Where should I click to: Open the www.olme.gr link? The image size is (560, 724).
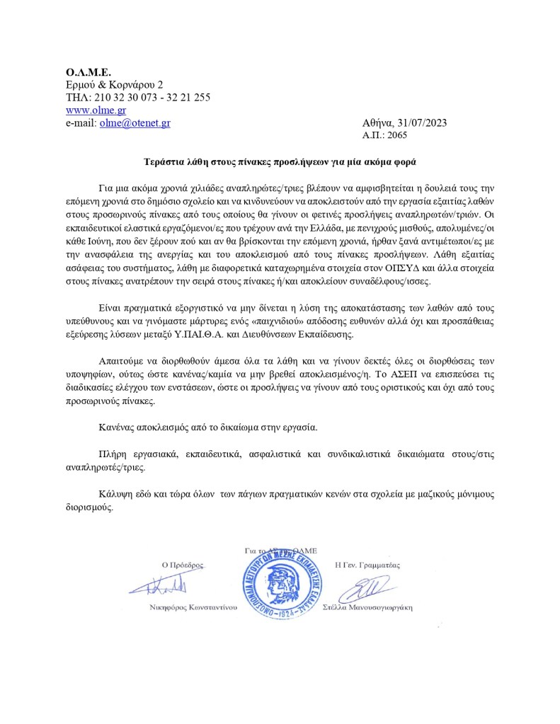[x=86, y=110]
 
